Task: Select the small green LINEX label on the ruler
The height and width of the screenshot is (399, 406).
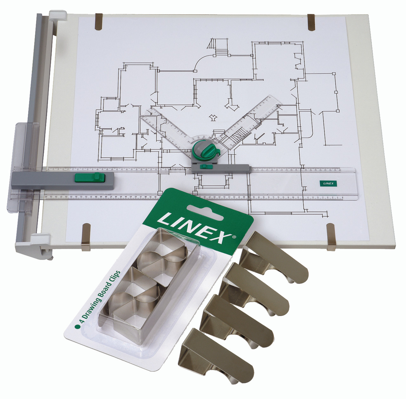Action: pos(328,183)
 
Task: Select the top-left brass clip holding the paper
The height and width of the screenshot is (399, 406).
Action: pos(97,22)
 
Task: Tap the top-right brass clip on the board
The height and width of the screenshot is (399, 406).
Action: pos(312,23)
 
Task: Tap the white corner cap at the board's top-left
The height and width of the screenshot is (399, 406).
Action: pos(58,15)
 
